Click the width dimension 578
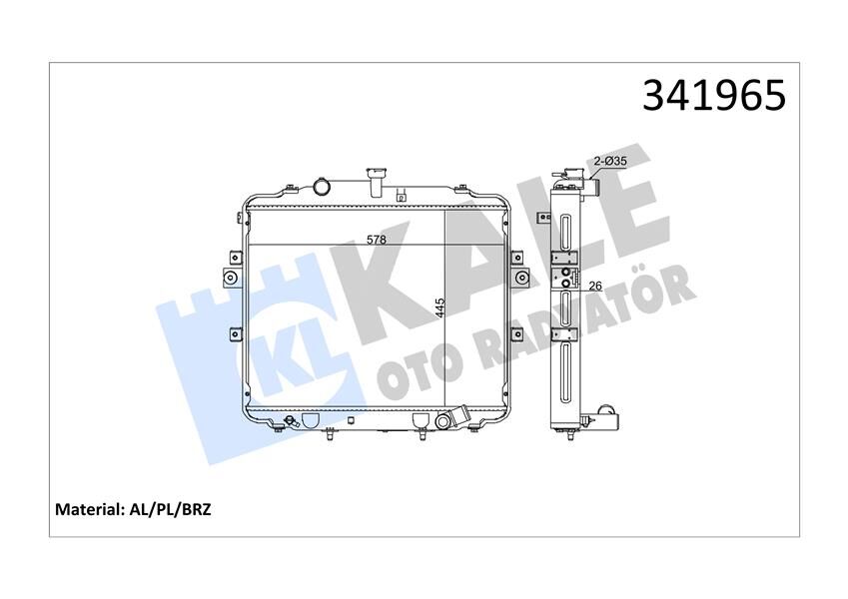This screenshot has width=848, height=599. (x=376, y=240)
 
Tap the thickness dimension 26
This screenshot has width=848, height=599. (x=596, y=286)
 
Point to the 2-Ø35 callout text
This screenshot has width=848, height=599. (x=610, y=161)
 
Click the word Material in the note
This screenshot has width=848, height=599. (x=88, y=508)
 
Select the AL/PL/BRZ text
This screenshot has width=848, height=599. (x=171, y=508)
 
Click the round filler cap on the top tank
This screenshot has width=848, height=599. (x=323, y=186)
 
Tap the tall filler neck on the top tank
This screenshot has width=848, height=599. (x=377, y=182)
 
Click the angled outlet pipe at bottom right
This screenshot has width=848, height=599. (x=460, y=416)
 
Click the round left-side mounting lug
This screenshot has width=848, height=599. (x=231, y=278)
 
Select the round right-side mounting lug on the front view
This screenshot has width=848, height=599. (x=518, y=278)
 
